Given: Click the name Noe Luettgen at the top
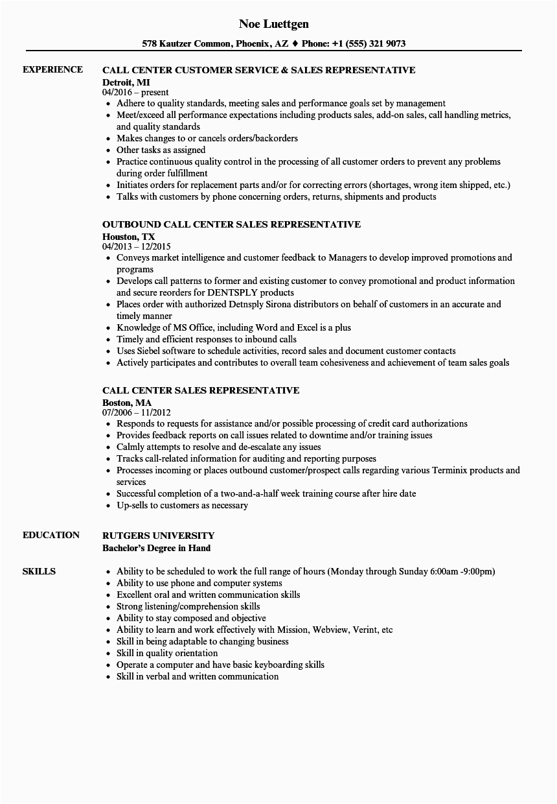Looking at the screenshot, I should coord(273,24).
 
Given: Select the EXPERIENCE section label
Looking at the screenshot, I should coord(52,70).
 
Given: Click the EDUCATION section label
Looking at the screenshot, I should coord(51,536).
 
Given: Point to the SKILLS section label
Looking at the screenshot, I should coord(39,572).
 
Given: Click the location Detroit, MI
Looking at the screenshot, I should coord(127,82).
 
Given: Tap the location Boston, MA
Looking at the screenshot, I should coord(127,402).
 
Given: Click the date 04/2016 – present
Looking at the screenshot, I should coord(135,92).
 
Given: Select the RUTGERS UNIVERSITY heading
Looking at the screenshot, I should coord(158,536).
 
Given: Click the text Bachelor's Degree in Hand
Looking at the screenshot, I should coord(156,547).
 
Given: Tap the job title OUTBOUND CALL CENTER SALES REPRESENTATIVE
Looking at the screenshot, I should coord(231,224).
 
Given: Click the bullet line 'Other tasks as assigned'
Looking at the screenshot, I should coord(161,150).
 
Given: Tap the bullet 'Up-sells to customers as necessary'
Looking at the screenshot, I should coord(182,505).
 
